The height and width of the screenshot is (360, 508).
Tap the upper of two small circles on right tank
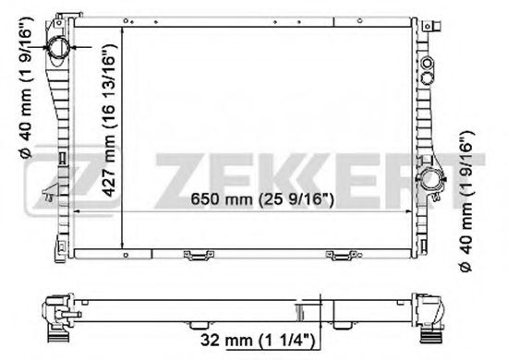tap(427, 63)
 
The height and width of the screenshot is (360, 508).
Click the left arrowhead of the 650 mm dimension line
tap(76, 210)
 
